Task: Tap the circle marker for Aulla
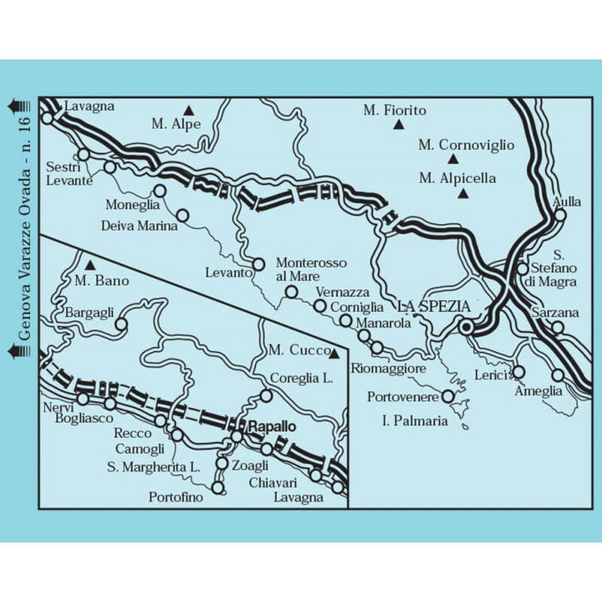pos(560,214)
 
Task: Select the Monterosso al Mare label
pos(311,269)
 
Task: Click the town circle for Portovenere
pos(448,396)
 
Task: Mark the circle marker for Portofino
pos(218,487)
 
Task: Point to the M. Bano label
pos(102,281)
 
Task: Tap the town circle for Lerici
pos(518,371)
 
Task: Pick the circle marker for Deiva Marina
pos(183,216)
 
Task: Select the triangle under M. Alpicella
pos(462,194)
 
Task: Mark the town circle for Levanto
pos(259,264)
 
